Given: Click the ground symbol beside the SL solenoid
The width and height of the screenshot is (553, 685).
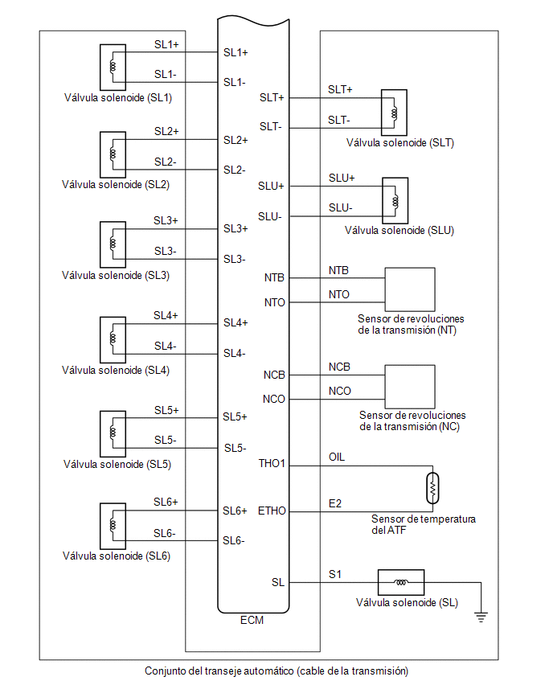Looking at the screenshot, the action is click(x=481, y=617).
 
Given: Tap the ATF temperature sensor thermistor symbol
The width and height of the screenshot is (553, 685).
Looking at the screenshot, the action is click(x=432, y=488).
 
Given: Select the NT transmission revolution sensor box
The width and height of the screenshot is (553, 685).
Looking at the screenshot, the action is click(x=410, y=289).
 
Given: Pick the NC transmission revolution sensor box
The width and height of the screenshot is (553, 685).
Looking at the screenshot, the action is click(x=410, y=387).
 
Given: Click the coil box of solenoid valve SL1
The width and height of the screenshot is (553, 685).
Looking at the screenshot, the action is click(x=113, y=68).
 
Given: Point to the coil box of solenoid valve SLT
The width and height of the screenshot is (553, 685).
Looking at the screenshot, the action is click(x=394, y=113).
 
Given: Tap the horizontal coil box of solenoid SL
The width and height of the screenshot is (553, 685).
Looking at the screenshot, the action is click(x=400, y=582).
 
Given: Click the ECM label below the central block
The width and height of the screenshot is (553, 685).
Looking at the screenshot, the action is click(x=252, y=620).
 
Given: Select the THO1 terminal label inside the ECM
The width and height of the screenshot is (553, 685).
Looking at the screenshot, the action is click(x=272, y=463).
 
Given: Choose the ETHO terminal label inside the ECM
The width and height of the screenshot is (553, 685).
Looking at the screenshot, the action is click(x=272, y=511).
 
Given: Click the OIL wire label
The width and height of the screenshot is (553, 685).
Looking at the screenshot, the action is click(x=337, y=457).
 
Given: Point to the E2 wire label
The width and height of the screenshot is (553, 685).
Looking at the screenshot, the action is click(x=335, y=504).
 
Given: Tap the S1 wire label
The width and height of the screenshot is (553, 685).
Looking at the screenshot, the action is click(x=335, y=575).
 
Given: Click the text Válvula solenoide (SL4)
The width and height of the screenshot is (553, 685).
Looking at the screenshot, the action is click(x=116, y=371).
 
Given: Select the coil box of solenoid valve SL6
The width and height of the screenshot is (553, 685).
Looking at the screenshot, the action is click(x=113, y=526).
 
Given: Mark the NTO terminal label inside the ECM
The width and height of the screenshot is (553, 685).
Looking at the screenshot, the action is click(x=275, y=302).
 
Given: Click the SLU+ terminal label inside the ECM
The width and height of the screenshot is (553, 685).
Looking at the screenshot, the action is click(x=271, y=186).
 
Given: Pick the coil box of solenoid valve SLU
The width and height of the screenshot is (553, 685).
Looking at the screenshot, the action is click(x=395, y=200).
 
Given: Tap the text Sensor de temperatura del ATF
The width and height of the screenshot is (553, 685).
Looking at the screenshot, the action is click(x=424, y=524).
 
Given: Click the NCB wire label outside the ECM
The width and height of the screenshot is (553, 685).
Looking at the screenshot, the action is click(x=339, y=367).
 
